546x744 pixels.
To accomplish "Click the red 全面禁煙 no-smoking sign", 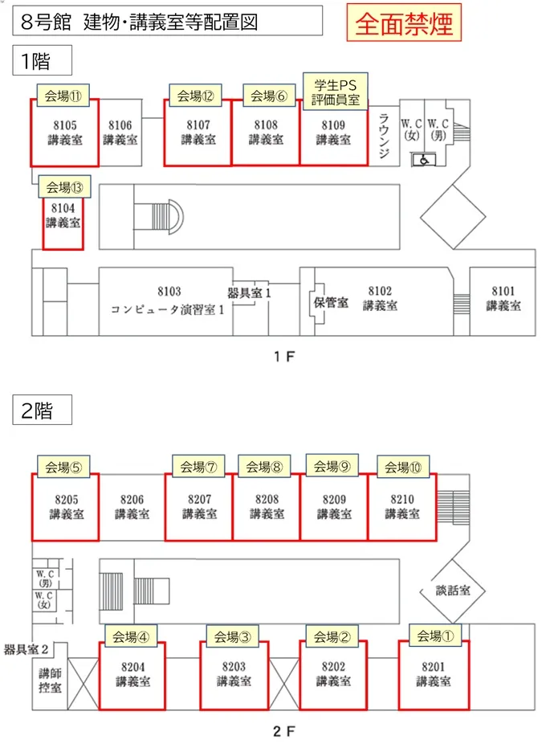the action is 404,22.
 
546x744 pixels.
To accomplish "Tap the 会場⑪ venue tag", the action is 63,96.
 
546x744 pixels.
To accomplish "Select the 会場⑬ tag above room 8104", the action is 64,187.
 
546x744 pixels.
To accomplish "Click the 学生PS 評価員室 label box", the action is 336,92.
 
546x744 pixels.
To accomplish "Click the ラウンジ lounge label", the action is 384,135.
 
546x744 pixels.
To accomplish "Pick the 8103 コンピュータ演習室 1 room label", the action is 169,300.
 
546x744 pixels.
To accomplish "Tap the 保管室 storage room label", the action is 331,302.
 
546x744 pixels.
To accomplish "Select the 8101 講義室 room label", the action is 503,298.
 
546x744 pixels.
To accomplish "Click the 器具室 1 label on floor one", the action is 249,292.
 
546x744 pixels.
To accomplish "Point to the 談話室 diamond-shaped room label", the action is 453,591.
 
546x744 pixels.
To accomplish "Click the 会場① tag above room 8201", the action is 435,636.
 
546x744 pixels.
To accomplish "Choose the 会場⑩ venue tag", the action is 403,467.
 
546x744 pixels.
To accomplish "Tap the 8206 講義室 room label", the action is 132,507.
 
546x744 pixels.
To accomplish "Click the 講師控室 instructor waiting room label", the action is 51,680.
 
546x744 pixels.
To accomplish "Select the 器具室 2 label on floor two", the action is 26,649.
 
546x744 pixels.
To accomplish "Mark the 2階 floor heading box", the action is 43,410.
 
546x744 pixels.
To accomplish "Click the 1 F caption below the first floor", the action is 284,357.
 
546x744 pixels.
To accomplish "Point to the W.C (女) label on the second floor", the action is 43,599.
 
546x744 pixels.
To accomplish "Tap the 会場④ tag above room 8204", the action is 130,636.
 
